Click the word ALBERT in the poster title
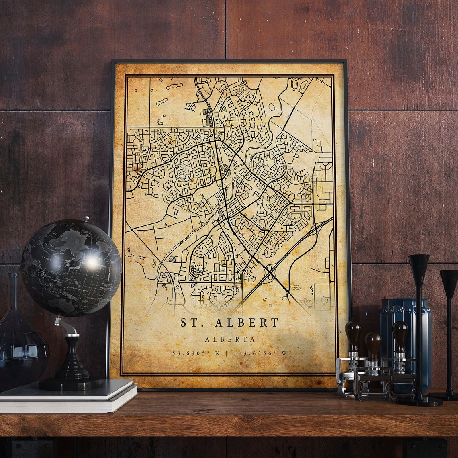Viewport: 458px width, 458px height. (x=247, y=323)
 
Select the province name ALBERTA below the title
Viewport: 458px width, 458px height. (x=230, y=339)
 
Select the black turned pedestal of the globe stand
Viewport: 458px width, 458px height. (x=72, y=358)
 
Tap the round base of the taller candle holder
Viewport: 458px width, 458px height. (x=419, y=401)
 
